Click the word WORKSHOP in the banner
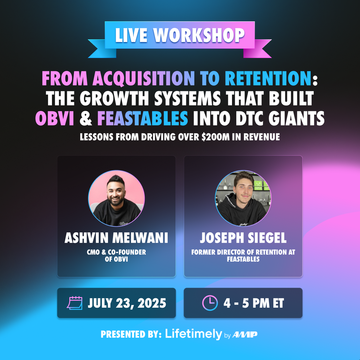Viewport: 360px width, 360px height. pos(199,35)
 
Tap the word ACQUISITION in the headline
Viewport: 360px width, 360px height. pos(144,78)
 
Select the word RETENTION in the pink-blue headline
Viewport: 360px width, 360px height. pos(268,78)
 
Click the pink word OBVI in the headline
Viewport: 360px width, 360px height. pos(55,118)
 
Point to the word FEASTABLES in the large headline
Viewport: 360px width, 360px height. pos(143,118)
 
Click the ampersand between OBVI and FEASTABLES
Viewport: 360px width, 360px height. pos(86,118)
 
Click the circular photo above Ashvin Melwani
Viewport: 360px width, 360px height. pos(116,198)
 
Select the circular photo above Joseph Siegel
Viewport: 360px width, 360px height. pos(243,198)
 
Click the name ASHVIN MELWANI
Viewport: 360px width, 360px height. pos(116,238)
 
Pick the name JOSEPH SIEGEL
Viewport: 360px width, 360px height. pos(243,238)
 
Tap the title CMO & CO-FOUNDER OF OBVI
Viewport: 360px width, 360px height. pos(116,256)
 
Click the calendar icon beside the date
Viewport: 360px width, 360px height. pos(75,303)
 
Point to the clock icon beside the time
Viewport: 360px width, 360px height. pos(210,303)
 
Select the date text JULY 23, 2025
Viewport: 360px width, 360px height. pos(127,303)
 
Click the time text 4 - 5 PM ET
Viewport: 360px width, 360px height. pos(254,303)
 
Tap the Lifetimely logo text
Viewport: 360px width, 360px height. pos(194,334)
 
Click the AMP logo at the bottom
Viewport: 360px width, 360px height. pos(245,335)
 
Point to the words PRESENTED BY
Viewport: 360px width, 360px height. pos(131,334)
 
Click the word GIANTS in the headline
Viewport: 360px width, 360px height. pos(296,118)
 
